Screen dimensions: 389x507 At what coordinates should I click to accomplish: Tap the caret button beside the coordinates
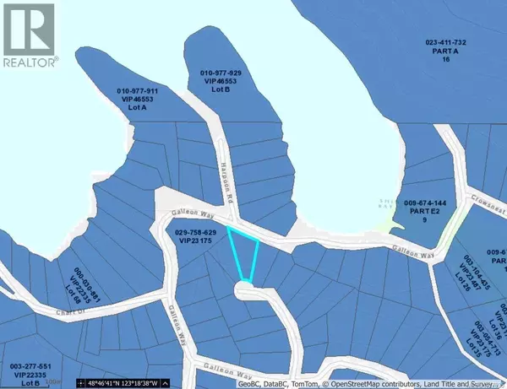pyautogui.click(x=82, y=383)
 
